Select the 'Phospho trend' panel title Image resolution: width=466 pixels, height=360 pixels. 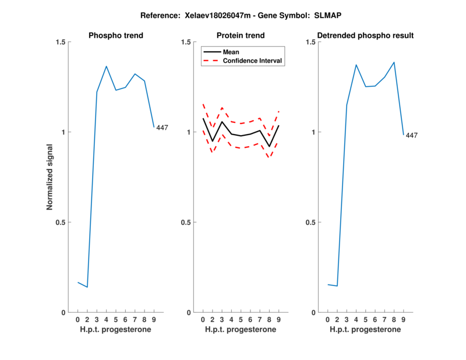click(116, 36)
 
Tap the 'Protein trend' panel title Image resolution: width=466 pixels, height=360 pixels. click(241, 36)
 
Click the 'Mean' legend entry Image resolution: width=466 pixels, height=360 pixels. click(231, 52)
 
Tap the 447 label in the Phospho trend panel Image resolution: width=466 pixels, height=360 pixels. click(162, 128)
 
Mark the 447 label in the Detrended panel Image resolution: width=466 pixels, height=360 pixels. click(412, 136)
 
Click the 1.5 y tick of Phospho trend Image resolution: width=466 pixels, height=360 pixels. click(59, 42)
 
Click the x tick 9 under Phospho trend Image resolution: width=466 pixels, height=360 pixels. click(154, 320)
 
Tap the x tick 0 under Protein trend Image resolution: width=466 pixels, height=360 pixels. click(203, 320)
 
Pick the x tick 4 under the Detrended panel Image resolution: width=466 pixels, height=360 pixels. click(356, 320)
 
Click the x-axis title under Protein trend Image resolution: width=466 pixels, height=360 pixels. click(241, 330)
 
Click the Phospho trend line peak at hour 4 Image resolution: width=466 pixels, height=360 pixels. click(107, 66)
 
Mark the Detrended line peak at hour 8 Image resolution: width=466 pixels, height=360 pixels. click(394, 62)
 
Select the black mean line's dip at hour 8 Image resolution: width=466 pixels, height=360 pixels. click(270, 146)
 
